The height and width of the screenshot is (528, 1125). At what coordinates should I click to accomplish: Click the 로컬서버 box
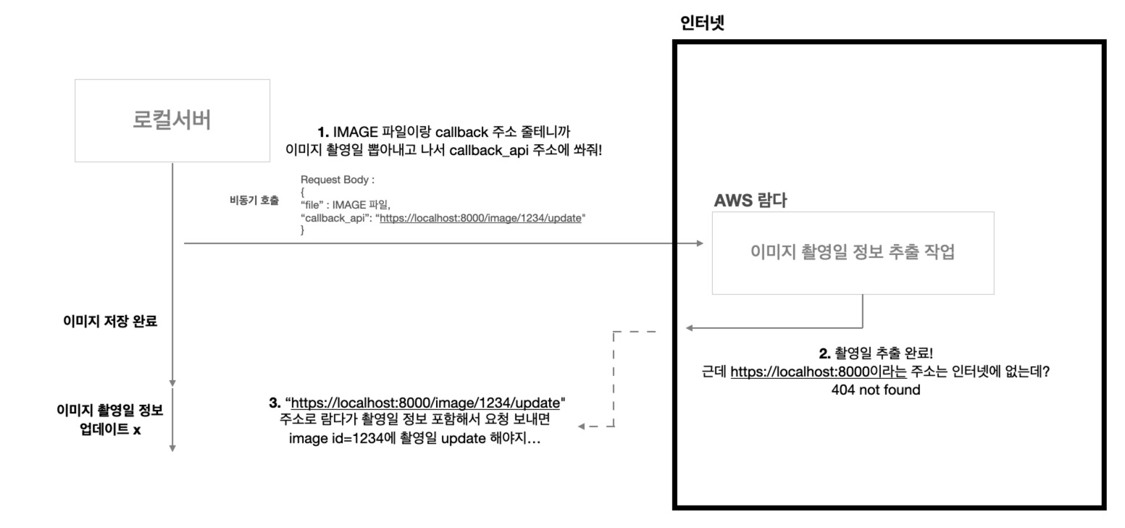point(172,120)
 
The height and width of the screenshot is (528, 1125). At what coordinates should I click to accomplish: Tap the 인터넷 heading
point(702,23)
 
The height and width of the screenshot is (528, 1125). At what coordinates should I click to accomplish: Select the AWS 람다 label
point(750,201)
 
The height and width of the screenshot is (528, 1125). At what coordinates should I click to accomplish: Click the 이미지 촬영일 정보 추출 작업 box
point(853,253)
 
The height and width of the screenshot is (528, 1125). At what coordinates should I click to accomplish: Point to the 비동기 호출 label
point(254,201)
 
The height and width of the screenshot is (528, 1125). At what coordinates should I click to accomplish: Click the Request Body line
point(337,180)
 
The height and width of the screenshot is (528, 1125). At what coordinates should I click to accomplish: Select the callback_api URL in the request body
point(480,217)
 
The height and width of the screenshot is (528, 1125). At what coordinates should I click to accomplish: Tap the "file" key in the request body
point(313,205)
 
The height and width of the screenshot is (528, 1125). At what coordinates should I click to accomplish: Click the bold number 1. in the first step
point(324,132)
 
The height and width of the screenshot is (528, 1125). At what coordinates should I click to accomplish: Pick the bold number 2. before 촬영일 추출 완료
point(824,353)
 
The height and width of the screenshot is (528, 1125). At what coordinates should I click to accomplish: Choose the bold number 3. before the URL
point(275,403)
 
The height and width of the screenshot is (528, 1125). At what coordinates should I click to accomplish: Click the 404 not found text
point(875,390)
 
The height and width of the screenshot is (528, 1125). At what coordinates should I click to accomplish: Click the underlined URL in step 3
point(425,403)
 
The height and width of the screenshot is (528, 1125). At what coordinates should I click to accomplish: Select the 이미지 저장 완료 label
point(110,322)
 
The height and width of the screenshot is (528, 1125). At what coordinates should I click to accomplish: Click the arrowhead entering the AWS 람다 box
point(700,243)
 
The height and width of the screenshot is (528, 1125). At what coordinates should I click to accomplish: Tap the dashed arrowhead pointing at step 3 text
point(582,427)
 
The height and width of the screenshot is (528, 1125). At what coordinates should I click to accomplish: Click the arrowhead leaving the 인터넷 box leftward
point(689,328)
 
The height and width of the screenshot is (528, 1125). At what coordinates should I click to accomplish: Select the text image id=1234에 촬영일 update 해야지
point(414,438)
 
